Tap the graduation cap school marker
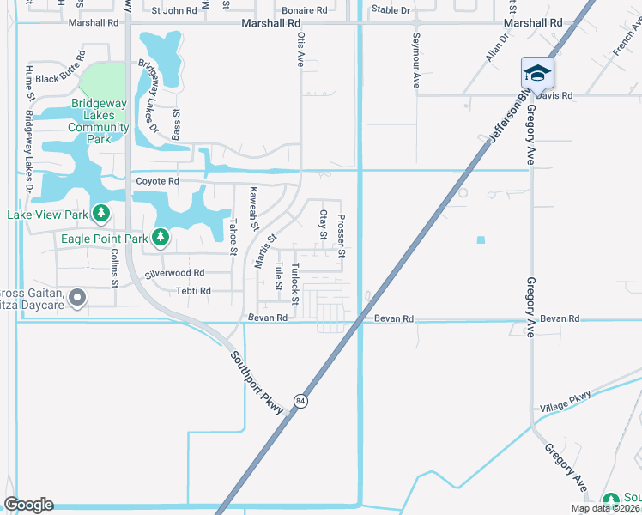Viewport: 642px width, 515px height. tap(537, 73)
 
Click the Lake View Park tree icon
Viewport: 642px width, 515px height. tap(101, 212)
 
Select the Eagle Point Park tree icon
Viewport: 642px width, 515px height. tap(160, 236)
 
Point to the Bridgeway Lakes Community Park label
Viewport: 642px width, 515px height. tap(100, 121)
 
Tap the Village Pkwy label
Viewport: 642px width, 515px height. tap(566, 401)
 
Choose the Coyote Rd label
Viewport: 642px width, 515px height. tap(157, 181)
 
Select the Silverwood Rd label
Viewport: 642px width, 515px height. tap(174, 273)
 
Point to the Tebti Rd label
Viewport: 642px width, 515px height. tap(193, 291)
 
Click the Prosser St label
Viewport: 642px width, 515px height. tap(341, 236)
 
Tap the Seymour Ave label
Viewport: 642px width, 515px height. tap(415, 60)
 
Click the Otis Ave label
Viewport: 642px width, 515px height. tap(300, 50)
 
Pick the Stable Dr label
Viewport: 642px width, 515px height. tap(391, 10)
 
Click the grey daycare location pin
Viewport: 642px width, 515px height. tap(77, 298)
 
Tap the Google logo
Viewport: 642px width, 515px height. tap(28, 505)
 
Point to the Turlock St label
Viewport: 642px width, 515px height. tap(294, 280)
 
